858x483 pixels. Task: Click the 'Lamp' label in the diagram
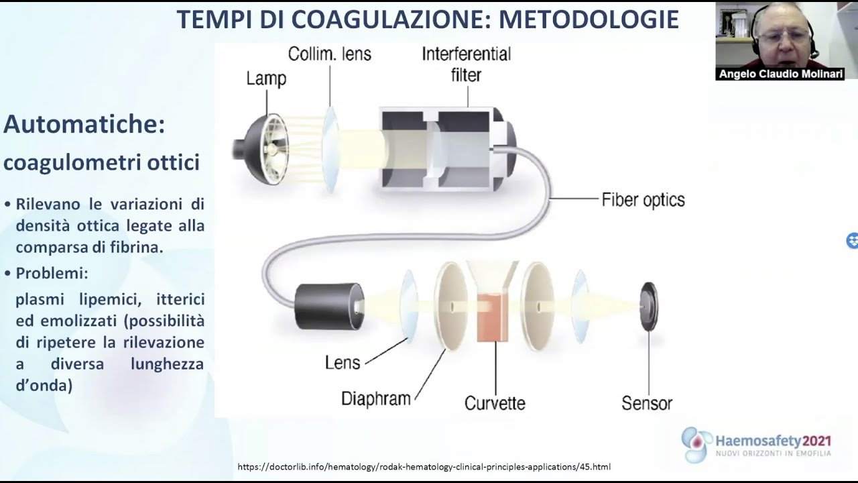click(266, 78)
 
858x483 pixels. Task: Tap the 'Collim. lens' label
click(329, 54)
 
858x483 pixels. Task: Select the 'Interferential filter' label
click(466, 64)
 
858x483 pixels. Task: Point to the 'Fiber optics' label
click(643, 200)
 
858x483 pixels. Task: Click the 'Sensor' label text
click(646, 403)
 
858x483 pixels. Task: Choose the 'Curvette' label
click(495, 403)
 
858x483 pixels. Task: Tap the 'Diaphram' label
click(375, 398)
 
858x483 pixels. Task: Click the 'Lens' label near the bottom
click(343, 363)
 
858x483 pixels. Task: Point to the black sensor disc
click(648, 307)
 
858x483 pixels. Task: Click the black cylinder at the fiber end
click(329, 306)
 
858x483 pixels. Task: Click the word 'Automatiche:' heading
click(84, 124)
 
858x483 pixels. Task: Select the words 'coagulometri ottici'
click(102, 162)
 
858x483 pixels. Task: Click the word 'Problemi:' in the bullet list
click(52, 274)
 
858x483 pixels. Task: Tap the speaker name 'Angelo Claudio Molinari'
click(780, 74)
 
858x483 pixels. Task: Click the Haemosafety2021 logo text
click(773, 441)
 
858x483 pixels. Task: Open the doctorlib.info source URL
click(424, 467)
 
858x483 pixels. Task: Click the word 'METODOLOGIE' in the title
click(589, 20)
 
